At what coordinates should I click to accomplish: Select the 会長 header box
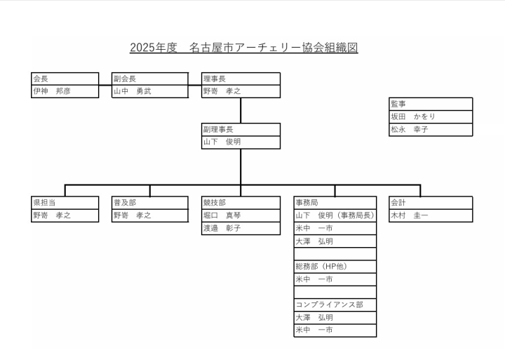click(x=65, y=79)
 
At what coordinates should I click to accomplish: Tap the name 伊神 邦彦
click(x=51, y=91)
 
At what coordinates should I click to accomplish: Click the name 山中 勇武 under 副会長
click(x=132, y=91)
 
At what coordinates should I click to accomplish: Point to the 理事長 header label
click(x=214, y=79)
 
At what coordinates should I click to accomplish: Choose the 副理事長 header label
click(x=218, y=130)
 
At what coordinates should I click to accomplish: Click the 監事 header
click(x=398, y=104)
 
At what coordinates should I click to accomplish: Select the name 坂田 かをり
click(x=413, y=116)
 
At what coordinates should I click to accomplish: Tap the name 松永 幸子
click(x=410, y=130)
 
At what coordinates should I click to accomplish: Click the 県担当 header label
click(x=44, y=203)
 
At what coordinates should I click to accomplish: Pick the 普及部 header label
click(x=125, y=203)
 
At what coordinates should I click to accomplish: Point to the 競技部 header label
click(x=214, y=203)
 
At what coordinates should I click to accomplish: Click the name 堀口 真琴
click(x=222, y=215)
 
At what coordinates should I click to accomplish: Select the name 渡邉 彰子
click(x=222, y=228)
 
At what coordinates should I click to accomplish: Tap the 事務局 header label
click(x=307, y=203)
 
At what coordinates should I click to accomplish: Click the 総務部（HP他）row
click(x=335, y=267)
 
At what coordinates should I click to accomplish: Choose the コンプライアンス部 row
click(x=335, y=305)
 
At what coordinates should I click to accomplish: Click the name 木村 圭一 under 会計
click(x=410, y=215)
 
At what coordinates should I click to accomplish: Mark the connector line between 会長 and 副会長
click(x=105, y=86)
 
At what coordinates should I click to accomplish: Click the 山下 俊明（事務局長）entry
click(x=335, y=215)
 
